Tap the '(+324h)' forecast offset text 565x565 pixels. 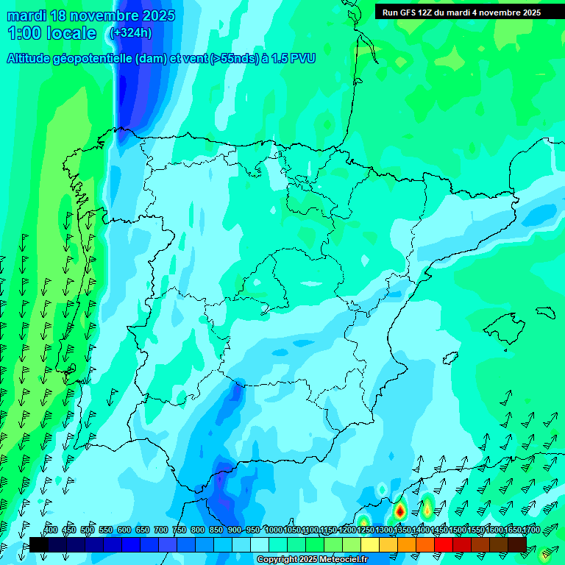(x=130, y=32)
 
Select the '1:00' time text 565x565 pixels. (x=24, y=33)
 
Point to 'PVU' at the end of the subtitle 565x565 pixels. (x=302, y=58)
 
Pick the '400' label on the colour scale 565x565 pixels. (x=51, y=530)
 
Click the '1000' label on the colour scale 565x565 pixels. (x=274, y=530)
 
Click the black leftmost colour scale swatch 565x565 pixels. (x=38, y=544)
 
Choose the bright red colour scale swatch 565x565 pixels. (x=444, y=544)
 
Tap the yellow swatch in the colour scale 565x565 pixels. (x=370, y=544)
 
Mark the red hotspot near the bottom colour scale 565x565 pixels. (x=399, y=510)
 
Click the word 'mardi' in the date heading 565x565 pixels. (x=24, y=15)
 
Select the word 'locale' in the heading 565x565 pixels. (x=71, y=33)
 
